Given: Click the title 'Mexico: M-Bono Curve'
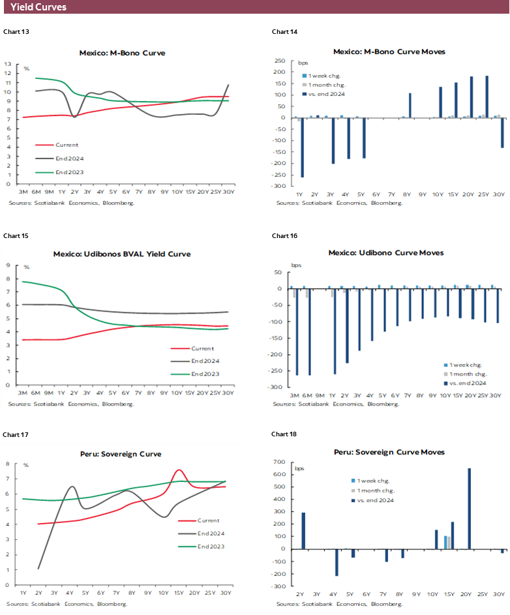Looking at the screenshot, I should pyautogui.click(x=121, y=53).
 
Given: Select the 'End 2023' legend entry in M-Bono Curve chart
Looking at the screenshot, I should pyautogui.click(x=71, y=172).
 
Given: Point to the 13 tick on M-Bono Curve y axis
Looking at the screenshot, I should pyautogui.click(x=8, y=64).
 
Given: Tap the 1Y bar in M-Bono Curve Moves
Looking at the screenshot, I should pyautogui.click(x=301, y=147).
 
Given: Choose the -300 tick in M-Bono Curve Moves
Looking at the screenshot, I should pyautogui.click(x=280, y=186).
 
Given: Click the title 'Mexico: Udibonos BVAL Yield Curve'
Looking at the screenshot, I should pyautogui.click(x=122, y=254).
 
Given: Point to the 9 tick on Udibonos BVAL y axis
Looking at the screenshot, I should pyautogui.click(x=8, y=265).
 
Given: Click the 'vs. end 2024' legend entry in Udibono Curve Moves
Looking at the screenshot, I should pyautogui.click(x=468, y=383).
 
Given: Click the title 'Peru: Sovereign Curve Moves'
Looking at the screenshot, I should pyautogui.click(x=389, y=452).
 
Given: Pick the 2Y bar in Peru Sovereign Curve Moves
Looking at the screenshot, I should pyautogui.click(x=303, y=530).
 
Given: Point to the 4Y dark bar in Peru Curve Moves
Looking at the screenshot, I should pyautogui.click(x=337, y=562).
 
